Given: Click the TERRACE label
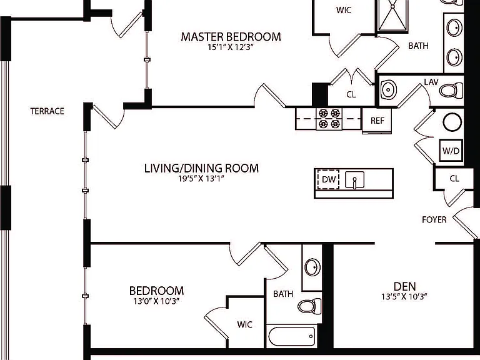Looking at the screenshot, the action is [47, 111].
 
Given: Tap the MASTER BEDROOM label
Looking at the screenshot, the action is [231, 37].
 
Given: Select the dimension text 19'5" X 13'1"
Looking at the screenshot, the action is [201, 179].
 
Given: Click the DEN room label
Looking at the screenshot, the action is [405, 286].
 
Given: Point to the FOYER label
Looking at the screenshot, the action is [434, 219].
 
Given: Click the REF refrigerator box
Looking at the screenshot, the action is [377, 121].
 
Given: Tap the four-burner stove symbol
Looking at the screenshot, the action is [329, 119].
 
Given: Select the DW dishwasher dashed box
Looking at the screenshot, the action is [329, 179].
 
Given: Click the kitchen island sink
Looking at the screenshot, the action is [354, 180].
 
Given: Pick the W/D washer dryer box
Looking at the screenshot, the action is [451, 150].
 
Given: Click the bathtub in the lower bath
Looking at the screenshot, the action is [292, 336].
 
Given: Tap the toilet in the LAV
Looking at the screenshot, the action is [451, 91].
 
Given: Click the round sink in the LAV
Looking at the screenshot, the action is [389, 90].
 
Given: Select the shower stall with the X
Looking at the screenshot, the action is [393, 15].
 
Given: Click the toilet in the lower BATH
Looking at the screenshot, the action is [309, 306].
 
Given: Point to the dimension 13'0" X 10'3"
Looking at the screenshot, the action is [156, 301].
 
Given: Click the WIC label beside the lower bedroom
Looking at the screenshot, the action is [244, 324].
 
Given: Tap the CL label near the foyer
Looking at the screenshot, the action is [454, 179].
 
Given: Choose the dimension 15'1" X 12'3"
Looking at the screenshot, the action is [231, 47].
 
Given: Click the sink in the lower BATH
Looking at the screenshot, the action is [312, 267].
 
